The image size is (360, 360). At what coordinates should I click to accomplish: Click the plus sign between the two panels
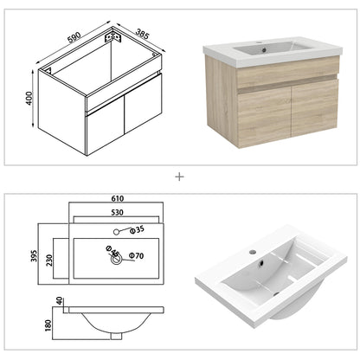pyautogui.click(x=180, y=177)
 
